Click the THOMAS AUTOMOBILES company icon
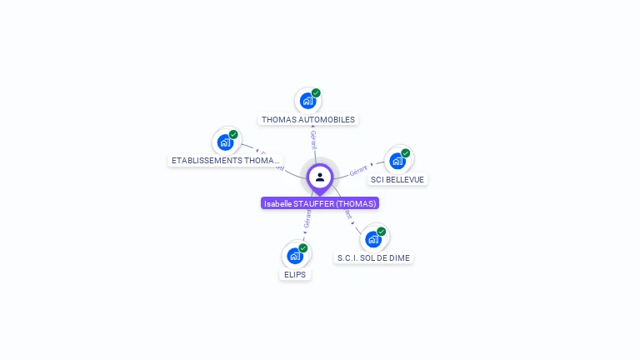307,101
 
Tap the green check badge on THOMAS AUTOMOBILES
316,93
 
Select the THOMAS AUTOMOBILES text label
308,119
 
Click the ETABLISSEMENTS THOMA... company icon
225,142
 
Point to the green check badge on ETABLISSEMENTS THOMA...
233,134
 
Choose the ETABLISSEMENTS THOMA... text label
225,160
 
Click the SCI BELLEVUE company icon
397,160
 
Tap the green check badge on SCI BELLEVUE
406,153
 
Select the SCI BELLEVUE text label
397,179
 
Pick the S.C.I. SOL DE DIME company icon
373,238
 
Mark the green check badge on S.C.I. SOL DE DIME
382,231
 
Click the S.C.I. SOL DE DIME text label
374,257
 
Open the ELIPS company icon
294,255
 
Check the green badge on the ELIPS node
303,247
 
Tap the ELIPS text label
295,274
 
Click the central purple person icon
320,177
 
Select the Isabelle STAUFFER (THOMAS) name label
320,203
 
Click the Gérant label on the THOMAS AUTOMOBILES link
313,139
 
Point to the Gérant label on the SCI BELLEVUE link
359,170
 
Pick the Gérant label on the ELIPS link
307,220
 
